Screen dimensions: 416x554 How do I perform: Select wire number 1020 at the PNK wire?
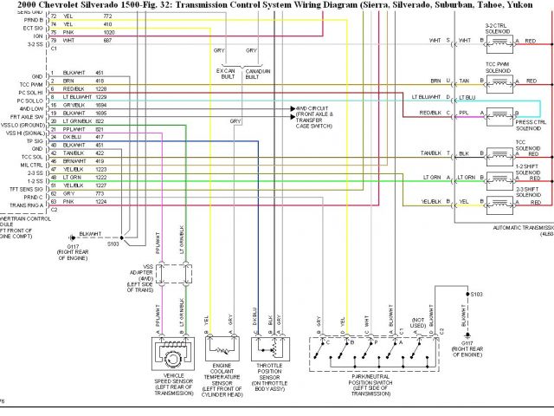(x=108, y=32)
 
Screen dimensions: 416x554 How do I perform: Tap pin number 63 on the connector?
(x=53, y=201)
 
